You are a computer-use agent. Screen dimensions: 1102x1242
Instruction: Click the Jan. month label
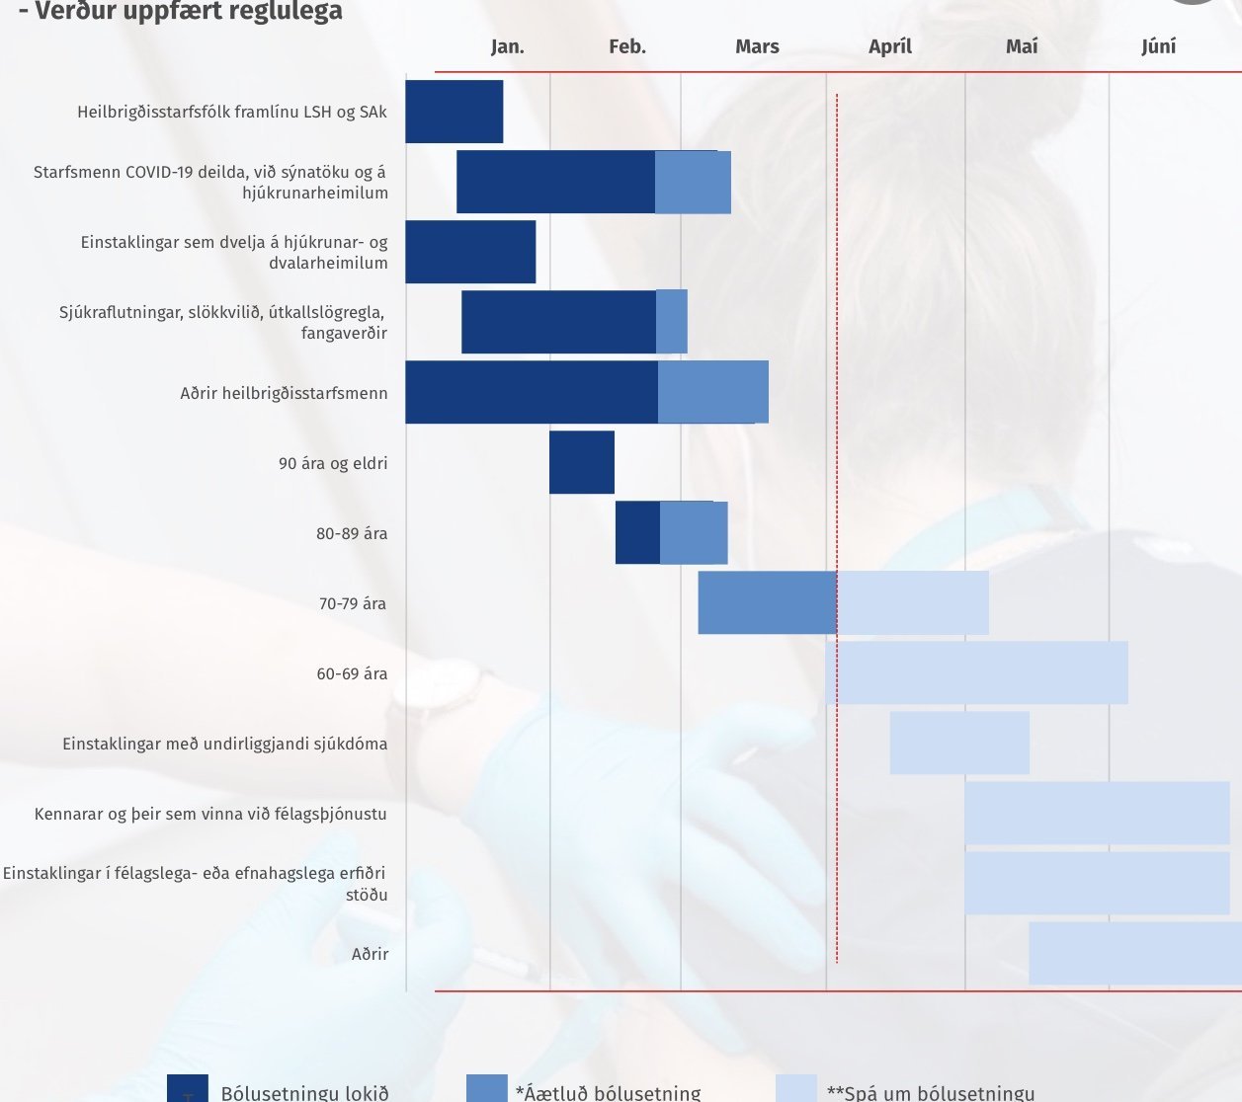point(507,46)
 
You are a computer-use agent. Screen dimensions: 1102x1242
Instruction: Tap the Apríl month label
point(889,46)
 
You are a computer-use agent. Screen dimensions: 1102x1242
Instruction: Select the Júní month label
point(1158,46)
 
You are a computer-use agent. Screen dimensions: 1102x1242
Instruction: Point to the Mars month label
point(757,46)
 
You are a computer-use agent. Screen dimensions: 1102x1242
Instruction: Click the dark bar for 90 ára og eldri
point(582,462)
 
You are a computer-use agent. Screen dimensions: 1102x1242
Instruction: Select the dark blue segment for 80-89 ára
point(637,532)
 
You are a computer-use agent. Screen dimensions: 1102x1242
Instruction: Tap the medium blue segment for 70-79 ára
point(767,602)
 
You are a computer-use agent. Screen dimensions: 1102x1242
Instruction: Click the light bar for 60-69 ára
point(978,672)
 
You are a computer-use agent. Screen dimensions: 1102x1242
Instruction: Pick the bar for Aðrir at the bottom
point(1134,953)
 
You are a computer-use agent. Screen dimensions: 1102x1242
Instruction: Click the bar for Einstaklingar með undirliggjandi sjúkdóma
point(959,743)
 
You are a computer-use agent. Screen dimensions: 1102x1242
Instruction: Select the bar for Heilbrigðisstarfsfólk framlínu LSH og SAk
point(454,112)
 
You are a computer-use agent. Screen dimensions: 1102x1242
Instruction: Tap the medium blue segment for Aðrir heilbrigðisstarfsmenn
point(712,392)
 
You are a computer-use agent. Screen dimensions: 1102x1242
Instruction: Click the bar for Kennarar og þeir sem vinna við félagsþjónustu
point(1097,813)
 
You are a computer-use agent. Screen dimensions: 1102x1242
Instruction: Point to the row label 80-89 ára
point(352,533)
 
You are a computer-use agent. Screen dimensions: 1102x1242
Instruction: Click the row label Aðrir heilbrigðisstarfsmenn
point(284,393)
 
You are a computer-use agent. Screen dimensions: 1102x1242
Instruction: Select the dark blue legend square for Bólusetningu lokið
point(188,1088)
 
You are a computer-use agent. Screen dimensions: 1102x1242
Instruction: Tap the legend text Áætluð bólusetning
point(608,1093)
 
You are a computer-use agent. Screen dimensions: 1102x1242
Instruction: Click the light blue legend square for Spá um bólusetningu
point(796,1088)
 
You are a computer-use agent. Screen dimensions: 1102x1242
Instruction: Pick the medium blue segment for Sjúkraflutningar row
point(671,321)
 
